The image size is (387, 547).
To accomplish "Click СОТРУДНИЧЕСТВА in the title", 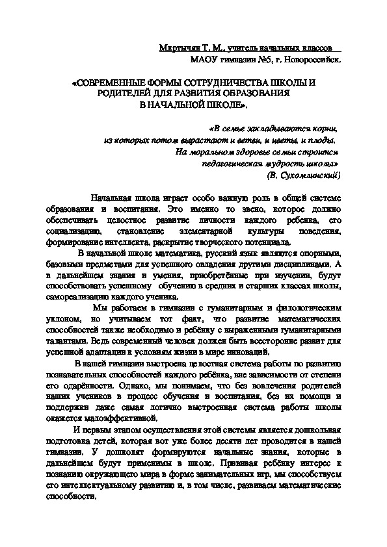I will pos(223,84).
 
